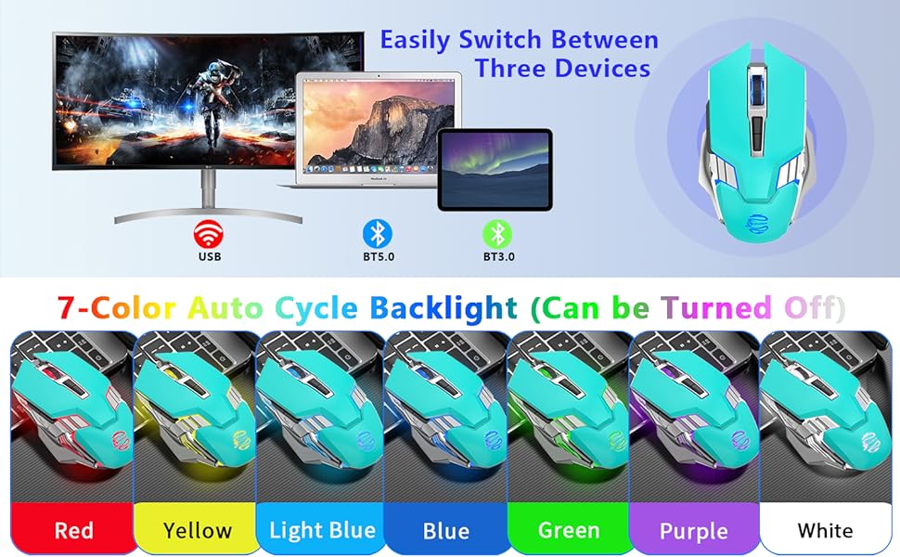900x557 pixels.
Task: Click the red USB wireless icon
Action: (x=208, y=231)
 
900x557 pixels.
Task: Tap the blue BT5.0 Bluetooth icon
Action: (x=377, y=233)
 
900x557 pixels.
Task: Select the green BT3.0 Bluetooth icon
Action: (x=499, y=233)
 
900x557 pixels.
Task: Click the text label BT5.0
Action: (x=377, y=255)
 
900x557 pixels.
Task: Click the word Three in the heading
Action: (x=517, y=69)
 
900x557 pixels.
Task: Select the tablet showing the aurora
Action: (x=495, y=167)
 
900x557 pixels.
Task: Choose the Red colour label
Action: (x=73, y=531)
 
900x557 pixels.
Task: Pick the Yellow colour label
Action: (x=197, y=531)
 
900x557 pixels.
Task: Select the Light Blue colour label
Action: (x=322, y=531)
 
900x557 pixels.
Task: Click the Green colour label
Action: (x=569, y=531)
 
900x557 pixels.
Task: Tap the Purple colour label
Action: (x=694, y=531)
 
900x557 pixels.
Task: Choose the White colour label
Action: (x=824, y=531)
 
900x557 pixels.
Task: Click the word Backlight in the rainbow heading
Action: (x=452, y=307)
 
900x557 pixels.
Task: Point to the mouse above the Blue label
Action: (x=445, y=418)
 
